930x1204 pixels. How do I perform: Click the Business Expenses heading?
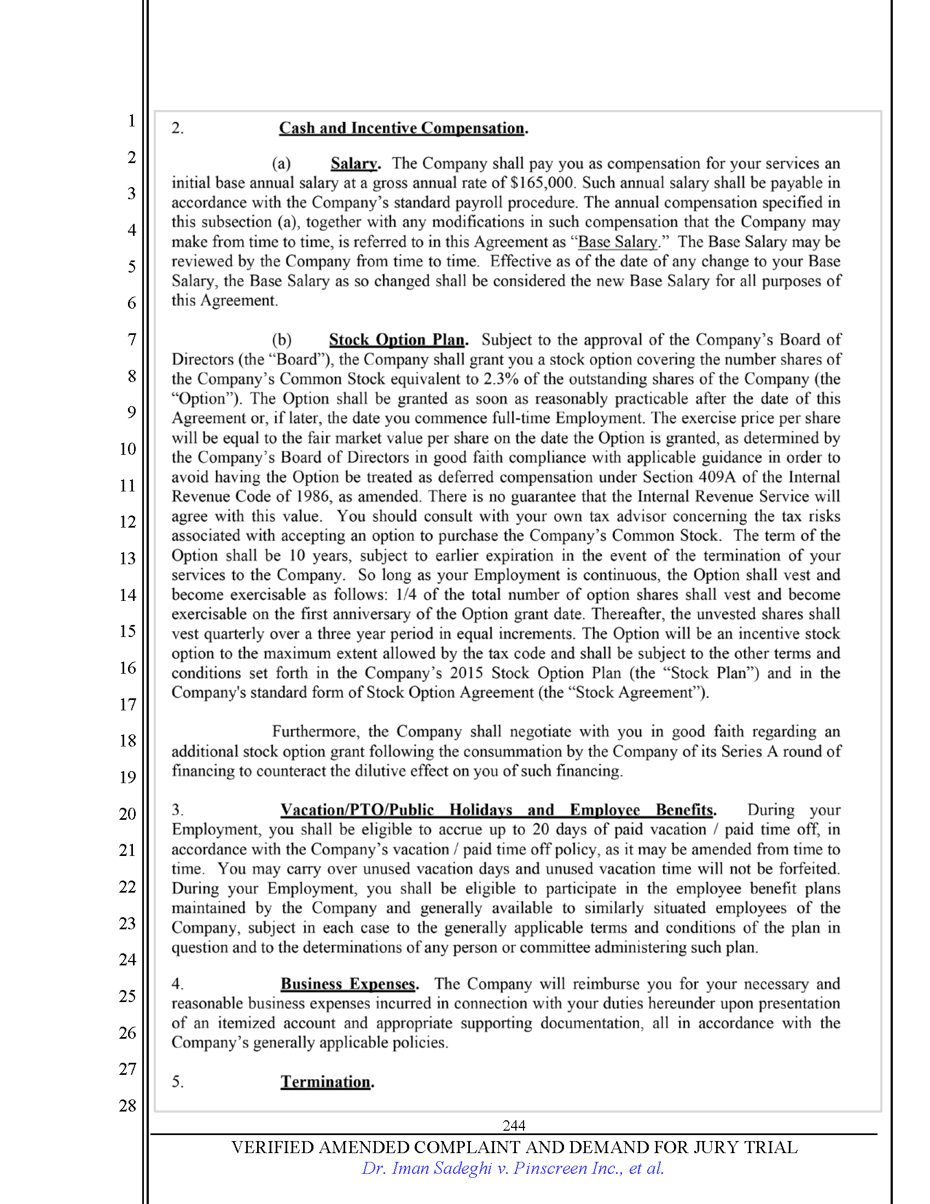[347, 984]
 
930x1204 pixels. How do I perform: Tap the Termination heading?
[326, 1081]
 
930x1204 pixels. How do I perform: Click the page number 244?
[514, 1125]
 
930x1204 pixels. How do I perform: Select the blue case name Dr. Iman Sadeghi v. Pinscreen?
[513, 1168]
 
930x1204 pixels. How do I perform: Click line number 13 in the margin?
[128, 558]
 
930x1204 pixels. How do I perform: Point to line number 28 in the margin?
[128, 1105]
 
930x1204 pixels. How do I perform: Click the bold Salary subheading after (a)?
[354, 164]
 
